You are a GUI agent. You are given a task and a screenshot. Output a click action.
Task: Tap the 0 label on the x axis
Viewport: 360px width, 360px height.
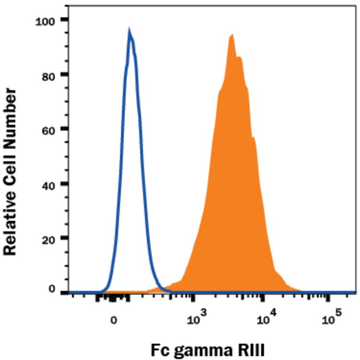(114, 320)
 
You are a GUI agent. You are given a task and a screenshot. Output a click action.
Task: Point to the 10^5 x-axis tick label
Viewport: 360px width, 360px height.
(331, 318)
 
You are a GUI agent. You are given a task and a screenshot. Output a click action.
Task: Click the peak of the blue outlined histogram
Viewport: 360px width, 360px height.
(130, 32)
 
